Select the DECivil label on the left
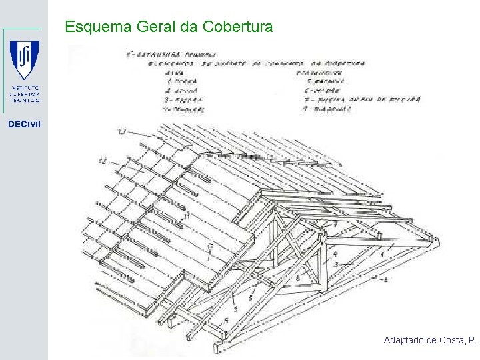24,123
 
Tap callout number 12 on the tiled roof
103,160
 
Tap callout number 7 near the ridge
335,225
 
